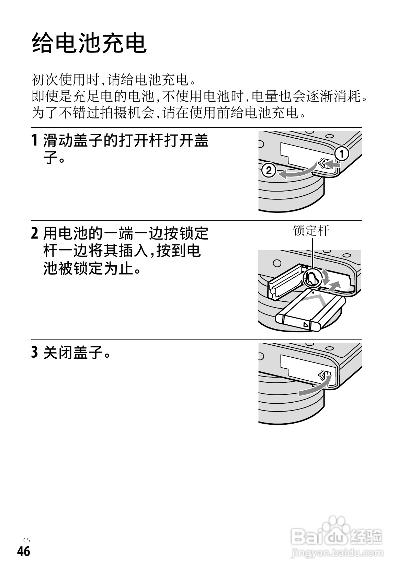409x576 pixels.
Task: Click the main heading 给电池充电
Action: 89,43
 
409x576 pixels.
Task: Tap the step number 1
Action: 34,141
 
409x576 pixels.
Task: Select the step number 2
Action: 34,234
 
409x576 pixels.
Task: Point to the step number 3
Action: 34,353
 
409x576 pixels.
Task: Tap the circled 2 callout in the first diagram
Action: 269,170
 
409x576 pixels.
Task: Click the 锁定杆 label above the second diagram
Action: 311,230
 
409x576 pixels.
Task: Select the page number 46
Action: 24,552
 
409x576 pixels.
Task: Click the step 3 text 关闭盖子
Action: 77,353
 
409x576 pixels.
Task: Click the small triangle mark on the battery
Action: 305,324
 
